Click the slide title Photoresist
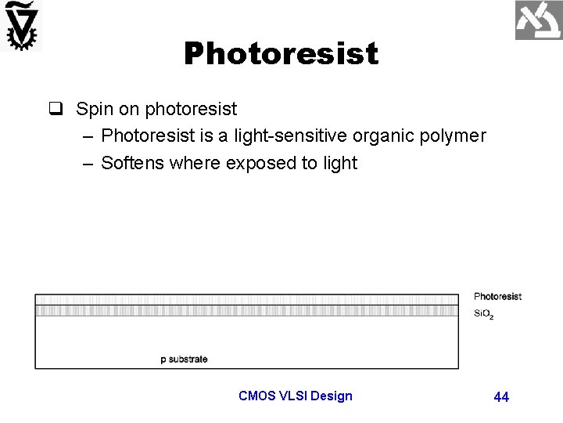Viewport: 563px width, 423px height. (x=281, y=54)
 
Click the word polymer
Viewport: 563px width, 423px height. (x=455, y=136)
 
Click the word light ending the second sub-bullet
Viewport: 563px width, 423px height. (x=340, y=163)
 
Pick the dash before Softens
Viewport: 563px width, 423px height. (x=86, y=163)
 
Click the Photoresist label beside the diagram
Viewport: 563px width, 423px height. (x=497, y=297)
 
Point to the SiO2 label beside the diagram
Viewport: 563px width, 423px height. (x=484, y=315)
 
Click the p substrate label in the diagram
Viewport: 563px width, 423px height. (x=184, y=360)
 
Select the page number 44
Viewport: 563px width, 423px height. (x=501, y=397)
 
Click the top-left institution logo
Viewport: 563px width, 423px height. (x=21, y=26)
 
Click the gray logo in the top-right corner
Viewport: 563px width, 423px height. (x=538, y=20)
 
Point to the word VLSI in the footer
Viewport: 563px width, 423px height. (x=293, y=396)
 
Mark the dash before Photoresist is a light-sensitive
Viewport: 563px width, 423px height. (x=86, y=136)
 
